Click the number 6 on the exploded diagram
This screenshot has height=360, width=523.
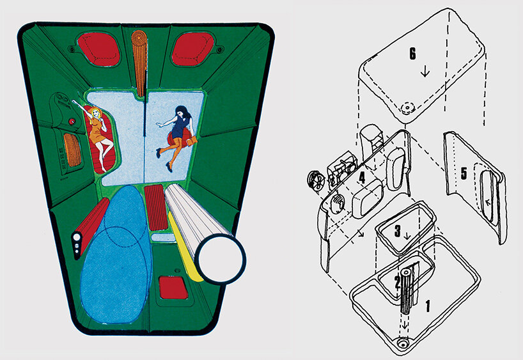click(414, 54)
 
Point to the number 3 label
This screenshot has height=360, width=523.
click(397, 231)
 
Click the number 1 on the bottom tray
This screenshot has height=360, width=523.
click(427, 306)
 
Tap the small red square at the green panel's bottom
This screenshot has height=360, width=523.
click(171, 287)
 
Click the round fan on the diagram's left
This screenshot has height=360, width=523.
click(316, 180)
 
